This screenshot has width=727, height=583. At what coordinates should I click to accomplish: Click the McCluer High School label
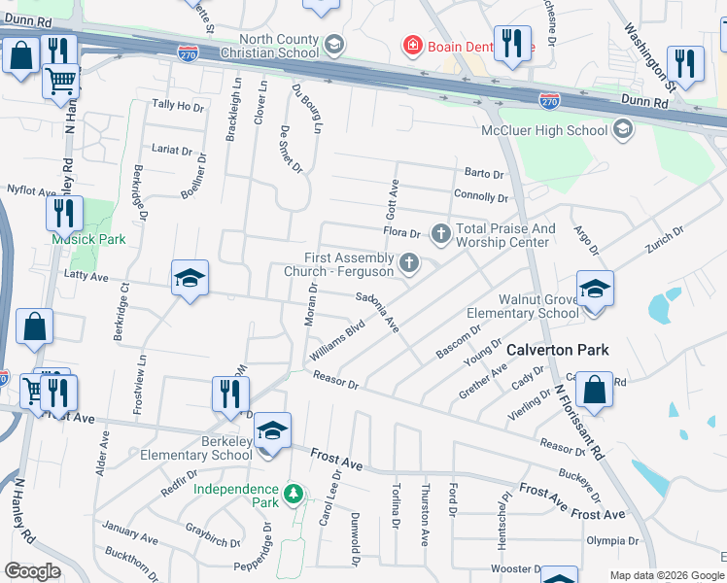click(x=544, y=130)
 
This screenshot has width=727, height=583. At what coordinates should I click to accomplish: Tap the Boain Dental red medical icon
click(x=412, y=46)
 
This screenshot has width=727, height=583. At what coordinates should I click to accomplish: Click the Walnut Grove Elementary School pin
click(x=595, y=289)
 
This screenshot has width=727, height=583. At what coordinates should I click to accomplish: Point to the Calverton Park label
click(x=557, y=350)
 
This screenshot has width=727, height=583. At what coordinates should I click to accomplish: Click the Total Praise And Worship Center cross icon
click(x=440, y=232)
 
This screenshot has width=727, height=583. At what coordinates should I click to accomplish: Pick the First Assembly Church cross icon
click(x=410, y=261)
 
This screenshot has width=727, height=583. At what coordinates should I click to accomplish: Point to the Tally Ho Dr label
click(x=178, y=107)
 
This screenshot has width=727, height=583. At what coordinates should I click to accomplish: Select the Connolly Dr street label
click(x=480, y=196)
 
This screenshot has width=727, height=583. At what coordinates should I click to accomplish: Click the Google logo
click(x=32, y=571)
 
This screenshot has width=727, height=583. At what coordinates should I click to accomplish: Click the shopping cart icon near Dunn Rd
click(x=61, y=80)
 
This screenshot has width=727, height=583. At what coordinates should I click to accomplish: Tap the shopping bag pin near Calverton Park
click(x=594, y=390)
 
